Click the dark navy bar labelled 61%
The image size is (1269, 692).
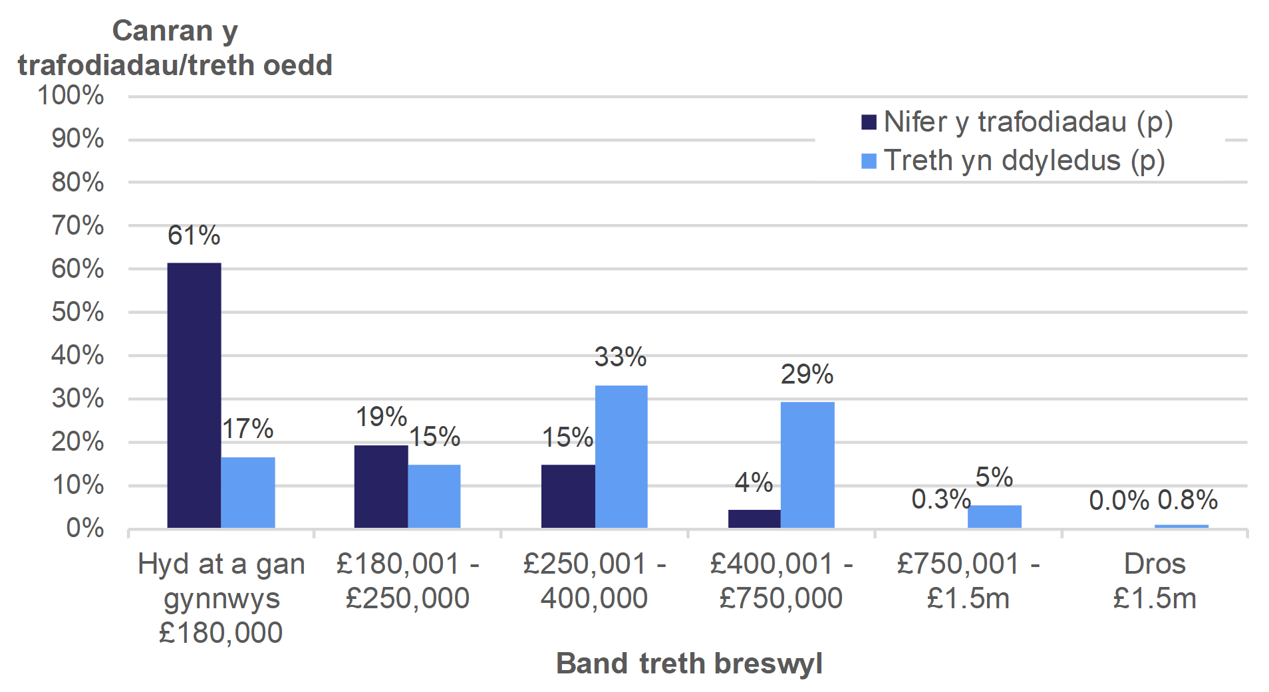coord(194,395)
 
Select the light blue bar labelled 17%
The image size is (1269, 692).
coord(248,492)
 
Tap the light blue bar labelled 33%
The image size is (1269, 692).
coord(621,456)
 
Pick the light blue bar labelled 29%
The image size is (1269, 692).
coord(807,465)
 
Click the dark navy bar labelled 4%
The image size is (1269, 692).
coord(754,519)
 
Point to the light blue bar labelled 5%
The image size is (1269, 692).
coord(994,517)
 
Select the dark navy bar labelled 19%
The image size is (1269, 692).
coord(380,486)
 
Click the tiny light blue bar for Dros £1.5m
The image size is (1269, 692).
coord(1181,526)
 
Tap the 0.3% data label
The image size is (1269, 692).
coord(940,499)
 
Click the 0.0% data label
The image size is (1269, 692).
coord(1119,501)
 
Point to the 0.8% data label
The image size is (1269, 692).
coord(1187,500)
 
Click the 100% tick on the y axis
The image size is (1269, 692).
coord(71,96)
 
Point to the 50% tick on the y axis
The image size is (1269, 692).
coord(77,312)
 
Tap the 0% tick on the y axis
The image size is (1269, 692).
coord(84,528)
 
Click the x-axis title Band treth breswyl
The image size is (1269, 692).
coord(689,663)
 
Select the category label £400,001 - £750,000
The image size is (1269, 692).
coord(781,581)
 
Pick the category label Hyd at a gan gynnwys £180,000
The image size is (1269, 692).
coord(221,598)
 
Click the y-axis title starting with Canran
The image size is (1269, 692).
coord(175,48)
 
